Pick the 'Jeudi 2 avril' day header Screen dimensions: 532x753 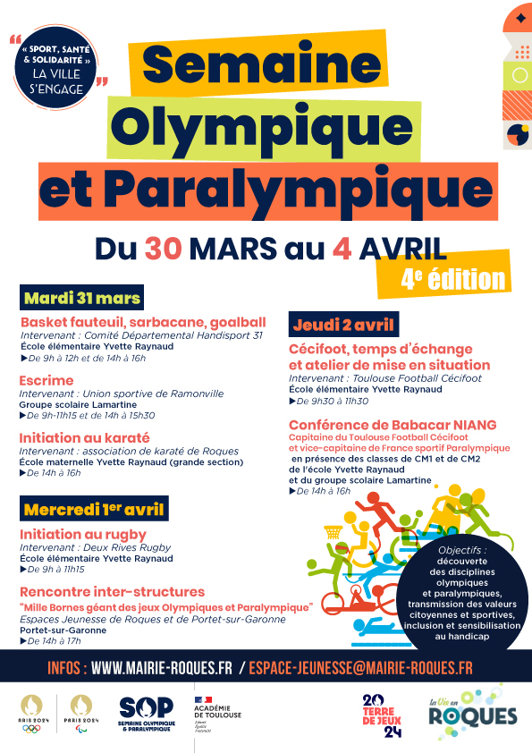point(344,323)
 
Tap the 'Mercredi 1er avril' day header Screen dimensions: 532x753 point(94,510)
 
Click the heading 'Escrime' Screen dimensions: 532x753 point(46,380)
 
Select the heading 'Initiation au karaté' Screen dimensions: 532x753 point(85,438)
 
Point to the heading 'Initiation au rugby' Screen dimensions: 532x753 point(83,534)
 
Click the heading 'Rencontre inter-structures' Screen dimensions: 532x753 point(112,592)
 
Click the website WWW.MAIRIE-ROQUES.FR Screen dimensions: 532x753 point(162,668)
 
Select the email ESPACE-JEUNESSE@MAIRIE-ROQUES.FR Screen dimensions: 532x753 point(361,668)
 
